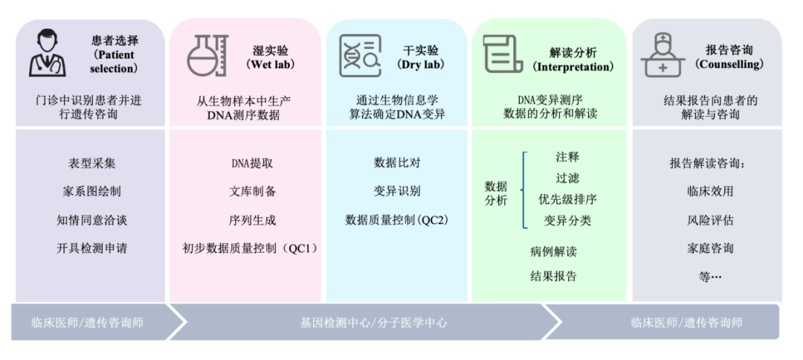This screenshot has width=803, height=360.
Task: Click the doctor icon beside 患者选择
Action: point(48,54)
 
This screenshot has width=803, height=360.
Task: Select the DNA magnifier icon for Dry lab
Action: point(361,56)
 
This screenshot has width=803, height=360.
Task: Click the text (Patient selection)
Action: point(114,61)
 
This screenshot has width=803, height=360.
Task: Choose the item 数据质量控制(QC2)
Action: point(397,219)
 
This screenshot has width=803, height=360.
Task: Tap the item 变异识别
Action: point(397,191)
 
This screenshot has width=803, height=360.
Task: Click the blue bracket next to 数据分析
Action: point(525,190)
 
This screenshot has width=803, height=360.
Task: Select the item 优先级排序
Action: point(567,199)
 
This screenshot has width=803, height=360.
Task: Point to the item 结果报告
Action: point(553,276)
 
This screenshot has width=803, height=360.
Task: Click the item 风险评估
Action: point(710,219)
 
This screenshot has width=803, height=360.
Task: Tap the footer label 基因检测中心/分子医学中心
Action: point(373,323)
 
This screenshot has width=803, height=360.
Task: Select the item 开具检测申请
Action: point(91,248)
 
